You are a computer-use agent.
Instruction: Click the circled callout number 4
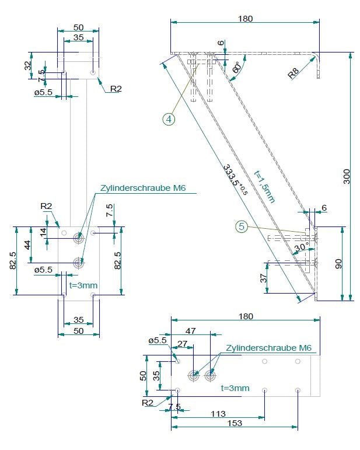(169, 119)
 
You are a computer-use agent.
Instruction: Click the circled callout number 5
(242, 226)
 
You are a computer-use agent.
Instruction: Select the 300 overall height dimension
(347, 176)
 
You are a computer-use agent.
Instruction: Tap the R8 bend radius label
(293, 74)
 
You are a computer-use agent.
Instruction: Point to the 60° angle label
(237, 68)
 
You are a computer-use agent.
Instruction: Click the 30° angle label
(302, 246)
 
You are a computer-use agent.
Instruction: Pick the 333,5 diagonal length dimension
(235, 179)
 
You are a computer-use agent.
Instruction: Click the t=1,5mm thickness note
(264, 187)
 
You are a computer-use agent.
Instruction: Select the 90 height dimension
(338, 264)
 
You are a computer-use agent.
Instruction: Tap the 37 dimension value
(263, 278)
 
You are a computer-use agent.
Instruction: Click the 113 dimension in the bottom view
(218, 414)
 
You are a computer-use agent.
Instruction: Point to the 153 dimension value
(235, 423)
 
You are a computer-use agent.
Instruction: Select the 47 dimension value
(190, 331)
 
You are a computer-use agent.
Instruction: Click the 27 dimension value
(183, 344)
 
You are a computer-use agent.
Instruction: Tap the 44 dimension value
(27, 245)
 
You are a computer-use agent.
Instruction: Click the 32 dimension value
(28, 66)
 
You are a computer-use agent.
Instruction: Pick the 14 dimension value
(43, 232)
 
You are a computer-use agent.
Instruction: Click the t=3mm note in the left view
(83, 285)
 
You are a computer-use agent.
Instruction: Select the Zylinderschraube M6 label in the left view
(143, 188)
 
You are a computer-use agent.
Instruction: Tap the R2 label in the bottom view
(148, 402)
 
